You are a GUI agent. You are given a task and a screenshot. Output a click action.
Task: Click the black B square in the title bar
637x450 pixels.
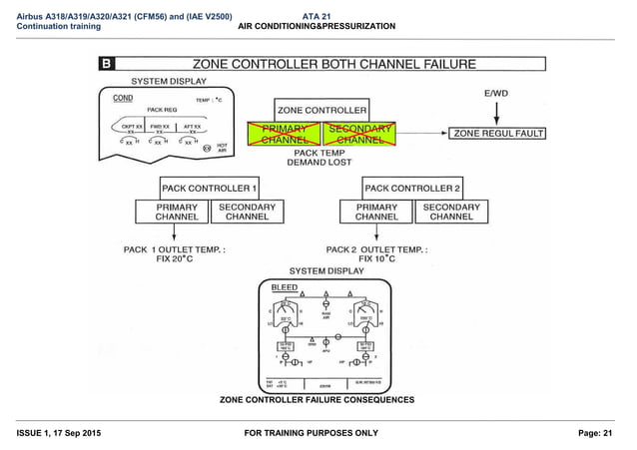pos(106,64)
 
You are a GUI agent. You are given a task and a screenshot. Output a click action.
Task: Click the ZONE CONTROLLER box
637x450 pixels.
pos(320,110)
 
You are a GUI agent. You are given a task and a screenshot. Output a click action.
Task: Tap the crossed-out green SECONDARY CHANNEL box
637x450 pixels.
pos(359,136)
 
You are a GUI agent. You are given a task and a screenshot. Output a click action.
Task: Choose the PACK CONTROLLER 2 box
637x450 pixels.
pos(412,188)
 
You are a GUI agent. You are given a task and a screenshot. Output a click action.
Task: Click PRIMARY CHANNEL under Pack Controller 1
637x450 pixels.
pos(170,212)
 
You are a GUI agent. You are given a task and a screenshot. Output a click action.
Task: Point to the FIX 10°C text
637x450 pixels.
pos(376,258)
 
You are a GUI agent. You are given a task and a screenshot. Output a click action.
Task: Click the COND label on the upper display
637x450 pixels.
pos(123,99)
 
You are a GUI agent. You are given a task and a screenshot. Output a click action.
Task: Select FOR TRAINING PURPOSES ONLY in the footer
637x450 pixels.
pos(318,432)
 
